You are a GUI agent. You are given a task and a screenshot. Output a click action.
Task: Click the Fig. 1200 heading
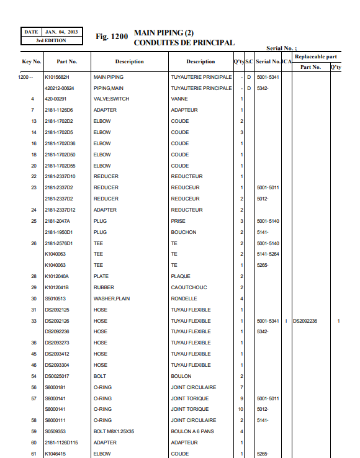[x=112, y=37]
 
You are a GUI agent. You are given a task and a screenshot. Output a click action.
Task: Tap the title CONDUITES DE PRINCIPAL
[x=184, y=43]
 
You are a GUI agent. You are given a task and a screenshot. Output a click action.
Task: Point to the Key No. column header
[x=32, y=61]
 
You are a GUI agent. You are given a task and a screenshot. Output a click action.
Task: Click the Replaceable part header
[x=315, y=56]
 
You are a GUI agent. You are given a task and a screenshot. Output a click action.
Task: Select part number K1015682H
[x=57, y=77]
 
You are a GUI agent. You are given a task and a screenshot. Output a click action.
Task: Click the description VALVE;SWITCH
[x=111, y=99]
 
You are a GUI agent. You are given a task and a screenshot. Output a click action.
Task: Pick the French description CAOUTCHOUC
[x=189, y=287]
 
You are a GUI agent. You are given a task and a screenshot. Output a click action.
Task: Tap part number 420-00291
[x=56, y=99]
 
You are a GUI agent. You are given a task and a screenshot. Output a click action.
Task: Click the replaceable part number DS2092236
[x=305, y=321]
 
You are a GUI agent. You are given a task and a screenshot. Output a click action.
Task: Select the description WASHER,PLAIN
[x=112, y=299]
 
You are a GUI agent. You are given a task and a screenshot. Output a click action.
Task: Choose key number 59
[x=34, y=431]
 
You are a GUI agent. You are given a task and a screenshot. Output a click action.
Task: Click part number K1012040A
[x=57, y=276]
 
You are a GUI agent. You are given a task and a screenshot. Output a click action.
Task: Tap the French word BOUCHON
[x=184, y=232]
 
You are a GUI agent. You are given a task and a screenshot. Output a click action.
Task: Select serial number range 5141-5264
[x=268, y=254]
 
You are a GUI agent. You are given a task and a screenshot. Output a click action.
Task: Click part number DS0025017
[x=57, y=376]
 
